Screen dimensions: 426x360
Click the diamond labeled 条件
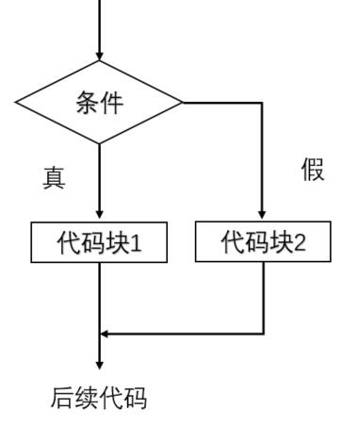coord(99,102)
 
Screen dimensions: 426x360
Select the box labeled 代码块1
coord(99,243)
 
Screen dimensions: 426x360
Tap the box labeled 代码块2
coord(264,243)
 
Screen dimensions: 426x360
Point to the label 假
coord(313,172)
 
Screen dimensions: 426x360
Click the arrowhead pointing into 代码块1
coord(99,217)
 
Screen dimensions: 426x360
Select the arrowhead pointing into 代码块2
coord(264,217)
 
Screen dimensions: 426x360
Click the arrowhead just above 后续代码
coord(99,365)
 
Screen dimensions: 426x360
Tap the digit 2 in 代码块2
coord(300,243)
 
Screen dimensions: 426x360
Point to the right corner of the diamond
coord(182,102)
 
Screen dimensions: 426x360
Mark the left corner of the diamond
coord(15,102)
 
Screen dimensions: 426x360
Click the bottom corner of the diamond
coord(99,143)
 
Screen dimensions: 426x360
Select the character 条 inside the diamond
coord(87,103)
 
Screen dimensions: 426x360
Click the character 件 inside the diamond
coord(111,103)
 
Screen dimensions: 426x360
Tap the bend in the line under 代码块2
coord(264,333)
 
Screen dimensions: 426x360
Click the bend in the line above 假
coord(264,102)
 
